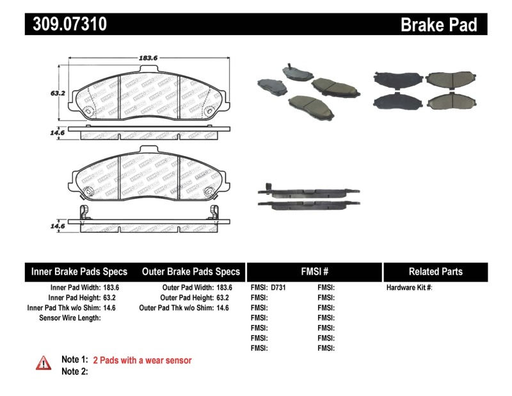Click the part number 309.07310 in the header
66,24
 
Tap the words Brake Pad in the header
438,24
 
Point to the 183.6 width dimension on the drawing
148,58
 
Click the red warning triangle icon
43,363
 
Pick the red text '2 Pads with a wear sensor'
142,360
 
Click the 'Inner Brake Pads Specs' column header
79,271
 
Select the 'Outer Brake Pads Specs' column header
191,271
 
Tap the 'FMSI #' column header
314,271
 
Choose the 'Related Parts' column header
435,271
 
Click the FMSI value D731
278,288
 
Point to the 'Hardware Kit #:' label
409,288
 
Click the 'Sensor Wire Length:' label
70,317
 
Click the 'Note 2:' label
74,372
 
